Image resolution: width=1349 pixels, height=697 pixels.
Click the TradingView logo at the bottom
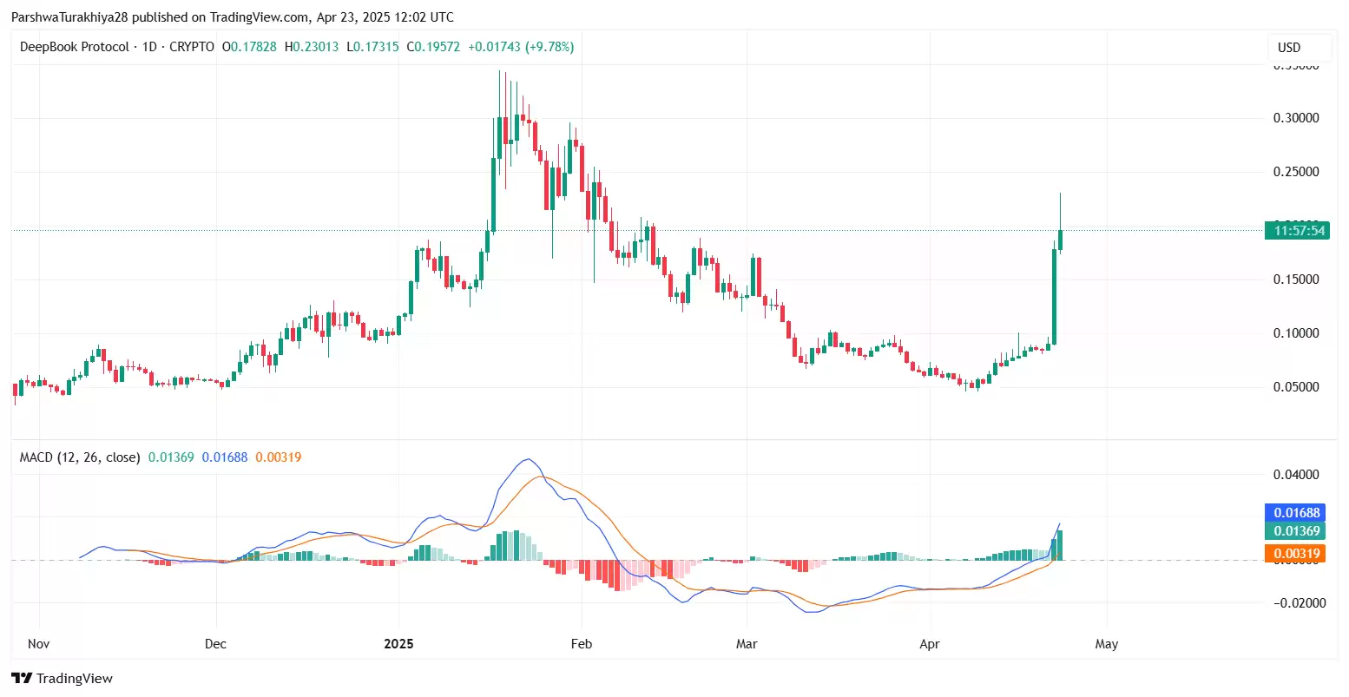coord(62,678)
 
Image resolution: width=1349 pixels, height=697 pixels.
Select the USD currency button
coord(1289,47)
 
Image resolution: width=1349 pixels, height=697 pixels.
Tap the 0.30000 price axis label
coord(1296,118)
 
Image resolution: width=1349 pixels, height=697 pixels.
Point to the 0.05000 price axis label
coord(1296,387)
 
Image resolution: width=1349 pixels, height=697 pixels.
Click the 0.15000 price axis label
coord(1296,279)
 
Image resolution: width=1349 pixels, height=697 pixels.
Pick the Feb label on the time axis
coord(581,644)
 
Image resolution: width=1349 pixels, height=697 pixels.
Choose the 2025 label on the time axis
coord(398,644)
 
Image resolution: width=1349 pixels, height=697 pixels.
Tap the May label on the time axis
coord(1106,644)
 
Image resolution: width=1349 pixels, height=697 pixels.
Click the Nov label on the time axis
coord(38,644)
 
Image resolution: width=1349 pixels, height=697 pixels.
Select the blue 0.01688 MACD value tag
coord(1296,513)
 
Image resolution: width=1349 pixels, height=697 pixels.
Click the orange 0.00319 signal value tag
coord(1296,554)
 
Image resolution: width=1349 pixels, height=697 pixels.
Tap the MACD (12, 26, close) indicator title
coord(80,457)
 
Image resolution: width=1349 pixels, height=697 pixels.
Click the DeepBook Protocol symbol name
coord(75,47)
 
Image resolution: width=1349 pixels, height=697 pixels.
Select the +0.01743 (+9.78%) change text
coord(521,47)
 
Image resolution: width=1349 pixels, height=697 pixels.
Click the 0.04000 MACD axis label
coord(1296,475)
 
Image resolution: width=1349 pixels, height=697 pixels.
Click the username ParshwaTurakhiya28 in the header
coord(69,17)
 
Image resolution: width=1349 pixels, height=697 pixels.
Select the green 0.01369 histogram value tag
coord(1296,531)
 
